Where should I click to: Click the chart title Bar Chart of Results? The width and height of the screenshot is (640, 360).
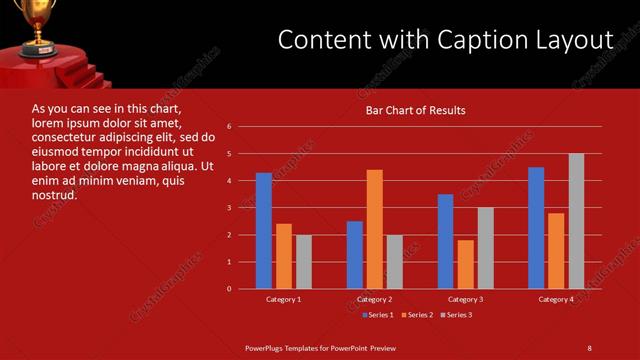click(x=415, y=110)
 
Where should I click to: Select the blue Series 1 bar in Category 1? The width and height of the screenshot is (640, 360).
click(x=263, y=230)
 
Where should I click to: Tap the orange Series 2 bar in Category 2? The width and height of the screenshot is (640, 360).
click(x=374, y=229)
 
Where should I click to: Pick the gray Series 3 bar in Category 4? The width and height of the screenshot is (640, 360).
click(x=576, y=221)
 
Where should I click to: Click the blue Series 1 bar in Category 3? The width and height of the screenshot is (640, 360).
click(x=445, y=241)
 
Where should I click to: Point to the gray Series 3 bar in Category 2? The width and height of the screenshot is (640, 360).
click(x=394, y=262)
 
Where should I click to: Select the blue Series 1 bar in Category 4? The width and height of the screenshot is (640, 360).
click(x=536, y=227)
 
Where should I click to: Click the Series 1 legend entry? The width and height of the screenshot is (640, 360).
click(x=376, y=315)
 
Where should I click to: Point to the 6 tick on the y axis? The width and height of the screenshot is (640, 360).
click(x=229, y=127)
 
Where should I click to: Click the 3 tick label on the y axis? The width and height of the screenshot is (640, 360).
click(x=229, y=208)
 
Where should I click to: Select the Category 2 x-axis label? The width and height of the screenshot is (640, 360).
click(x=374, y=299)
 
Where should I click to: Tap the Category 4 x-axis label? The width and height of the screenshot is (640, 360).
click(x=556, y=299)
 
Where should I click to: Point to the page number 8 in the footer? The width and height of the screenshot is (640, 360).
click(x=589, y=347)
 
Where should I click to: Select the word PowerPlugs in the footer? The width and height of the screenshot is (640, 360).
click(x=267, y=347)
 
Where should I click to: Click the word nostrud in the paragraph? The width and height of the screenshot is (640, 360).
click(x=54, y=195)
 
